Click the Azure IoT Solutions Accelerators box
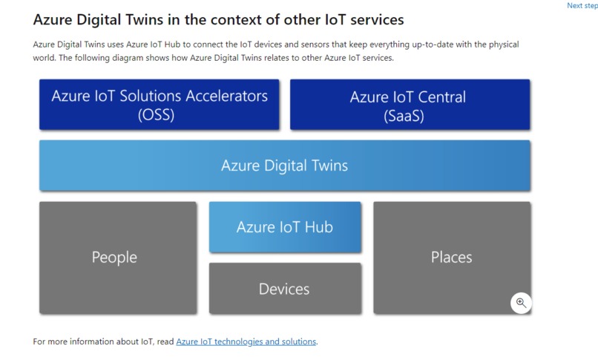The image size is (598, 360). pyautogui.click(x=160, y=105)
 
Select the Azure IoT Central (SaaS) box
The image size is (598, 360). pyautogui.click(x=410, y=105)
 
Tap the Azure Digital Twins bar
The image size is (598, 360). pyautogui.click(x=284, y=165)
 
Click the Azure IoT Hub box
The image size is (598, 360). pyautogui.click(x=285, y=227)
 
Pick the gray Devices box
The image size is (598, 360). pyautogui.click(x=285, y=289)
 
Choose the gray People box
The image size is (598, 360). pyautogui.click(x=117, y=258)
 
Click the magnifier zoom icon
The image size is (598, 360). pyautogui.click(x=521, y=303)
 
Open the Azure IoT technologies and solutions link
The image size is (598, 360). pyautogui.click(x=246, y=341)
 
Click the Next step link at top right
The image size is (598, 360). pyautogui.click(x=582, y=6)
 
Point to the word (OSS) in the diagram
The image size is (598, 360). pyautogui.click(x=157, y=115)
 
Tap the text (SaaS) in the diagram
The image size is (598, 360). pyautogui.click(x=404, y=116)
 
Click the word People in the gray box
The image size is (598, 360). pyautogui.click(x=114, y=258)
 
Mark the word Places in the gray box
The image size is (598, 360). pyautogui.click(x=451, y=258)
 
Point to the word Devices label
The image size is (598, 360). pyautogui.click(x=284, y=289)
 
